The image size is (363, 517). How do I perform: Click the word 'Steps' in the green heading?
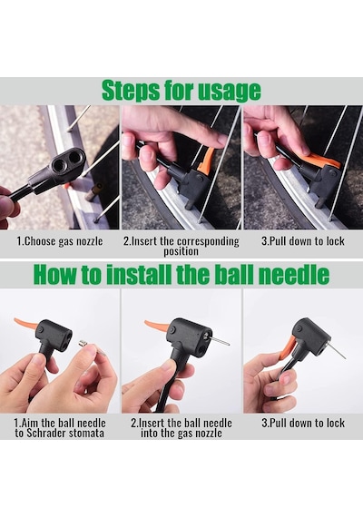[131, 91]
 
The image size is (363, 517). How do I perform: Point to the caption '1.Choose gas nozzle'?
[60, 241]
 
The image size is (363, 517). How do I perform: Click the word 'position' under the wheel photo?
[181, 251]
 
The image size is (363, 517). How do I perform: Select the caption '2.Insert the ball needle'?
[181, 423]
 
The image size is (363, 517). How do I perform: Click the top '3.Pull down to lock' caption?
[302, 241]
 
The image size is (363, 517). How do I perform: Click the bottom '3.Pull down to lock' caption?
[303, 423]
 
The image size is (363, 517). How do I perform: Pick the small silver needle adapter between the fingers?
[83, 345]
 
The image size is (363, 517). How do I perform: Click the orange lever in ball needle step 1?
[25, 324]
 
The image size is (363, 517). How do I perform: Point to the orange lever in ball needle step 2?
[157, 325]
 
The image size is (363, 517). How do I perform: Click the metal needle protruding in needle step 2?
[219, 342]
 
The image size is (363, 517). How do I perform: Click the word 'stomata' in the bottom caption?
[87, 433]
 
